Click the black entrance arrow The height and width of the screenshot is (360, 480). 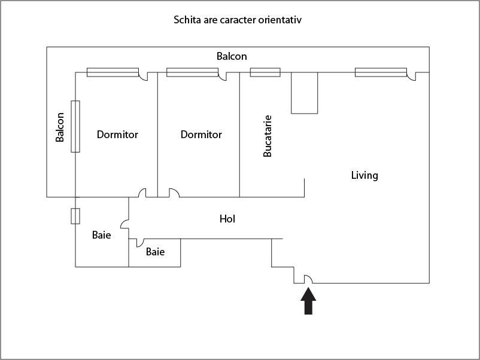tap(308, 301)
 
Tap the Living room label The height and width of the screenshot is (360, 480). tap(364, 175)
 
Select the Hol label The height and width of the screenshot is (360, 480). tap(227, 219)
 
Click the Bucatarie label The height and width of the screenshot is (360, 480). tap(268, 136)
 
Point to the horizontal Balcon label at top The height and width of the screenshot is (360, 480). tap(232, 56)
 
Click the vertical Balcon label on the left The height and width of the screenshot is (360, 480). tap(60, 127)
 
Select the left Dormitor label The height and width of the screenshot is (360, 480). tap(117, 135)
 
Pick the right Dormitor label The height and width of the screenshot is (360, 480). tap(201, 135)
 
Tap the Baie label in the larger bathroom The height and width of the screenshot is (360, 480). tap(101, 235)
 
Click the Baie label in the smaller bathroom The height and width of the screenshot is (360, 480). tap(155, 252)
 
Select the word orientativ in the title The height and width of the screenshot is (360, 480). tap(282, 20)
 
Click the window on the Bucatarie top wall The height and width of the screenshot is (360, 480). tap(265, 72)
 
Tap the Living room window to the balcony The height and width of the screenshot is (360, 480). tap(381, 72)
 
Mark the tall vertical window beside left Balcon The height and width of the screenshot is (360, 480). tap(75, 126)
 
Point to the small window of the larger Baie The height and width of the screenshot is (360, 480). tap(75, 216)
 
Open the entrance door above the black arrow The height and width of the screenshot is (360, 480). tap(309, 279)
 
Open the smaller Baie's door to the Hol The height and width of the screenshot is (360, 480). tap(139, 243)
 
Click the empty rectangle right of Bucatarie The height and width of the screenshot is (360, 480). tap(304, 93)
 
